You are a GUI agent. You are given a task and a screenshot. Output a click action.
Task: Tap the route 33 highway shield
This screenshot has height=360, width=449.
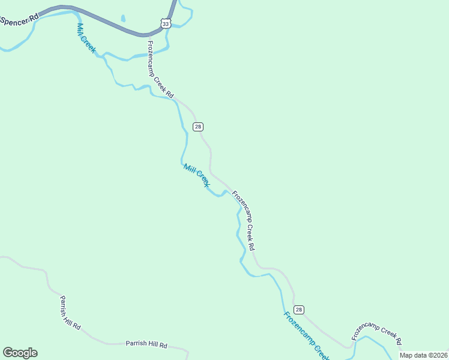[x=166, y=23]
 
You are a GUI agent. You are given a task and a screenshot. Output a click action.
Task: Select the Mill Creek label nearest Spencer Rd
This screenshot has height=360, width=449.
[x=86, y=38]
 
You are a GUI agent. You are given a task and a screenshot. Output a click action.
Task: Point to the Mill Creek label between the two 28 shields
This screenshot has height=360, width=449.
[x=196, y=175]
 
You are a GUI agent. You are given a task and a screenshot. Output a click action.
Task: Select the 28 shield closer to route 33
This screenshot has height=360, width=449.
[x=197, y=126]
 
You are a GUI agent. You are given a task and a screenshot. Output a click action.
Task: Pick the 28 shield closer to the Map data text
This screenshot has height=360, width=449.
[x=299, y=310]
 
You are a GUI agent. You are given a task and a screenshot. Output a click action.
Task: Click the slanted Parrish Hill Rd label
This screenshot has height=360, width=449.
[x=70, y=313]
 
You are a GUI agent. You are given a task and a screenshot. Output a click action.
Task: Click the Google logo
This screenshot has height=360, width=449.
[x=20, y=353]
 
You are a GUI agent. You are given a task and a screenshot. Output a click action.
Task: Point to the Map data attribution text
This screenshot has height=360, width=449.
[x=424, y=355]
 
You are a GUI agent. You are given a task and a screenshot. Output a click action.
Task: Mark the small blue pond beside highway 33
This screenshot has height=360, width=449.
[x=122, y=19]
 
